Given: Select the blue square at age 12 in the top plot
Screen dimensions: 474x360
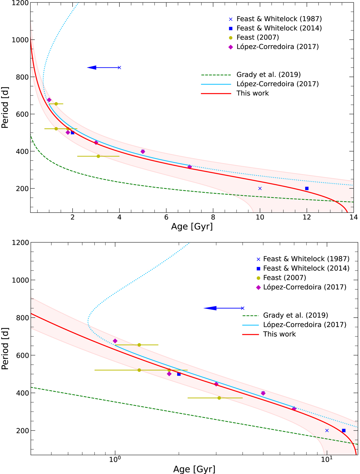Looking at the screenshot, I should point(307,189).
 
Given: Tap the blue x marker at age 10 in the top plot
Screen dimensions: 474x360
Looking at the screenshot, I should point(260,189).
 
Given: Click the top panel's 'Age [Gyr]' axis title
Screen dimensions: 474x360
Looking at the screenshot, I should point(192,226).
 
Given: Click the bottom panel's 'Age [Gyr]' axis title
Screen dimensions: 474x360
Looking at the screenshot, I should point(194,469).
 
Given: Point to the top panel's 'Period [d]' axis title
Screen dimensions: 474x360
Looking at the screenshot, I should point(5,107).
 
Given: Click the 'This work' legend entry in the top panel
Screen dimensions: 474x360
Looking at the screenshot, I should point(253,93).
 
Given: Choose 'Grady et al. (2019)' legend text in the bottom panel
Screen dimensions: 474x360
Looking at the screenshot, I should point(295,315).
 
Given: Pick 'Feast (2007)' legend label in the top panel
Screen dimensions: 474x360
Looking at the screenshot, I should point(257,38).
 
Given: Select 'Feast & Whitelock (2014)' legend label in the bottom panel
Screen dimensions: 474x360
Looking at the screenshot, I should point(306,268).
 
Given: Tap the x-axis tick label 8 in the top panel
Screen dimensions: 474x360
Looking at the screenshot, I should point(213,218).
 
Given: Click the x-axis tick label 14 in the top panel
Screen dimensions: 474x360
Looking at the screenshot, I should point(353,218).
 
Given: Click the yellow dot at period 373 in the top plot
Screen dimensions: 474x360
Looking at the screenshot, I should point(98,156).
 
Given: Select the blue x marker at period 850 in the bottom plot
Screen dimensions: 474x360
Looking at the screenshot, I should point(243,308).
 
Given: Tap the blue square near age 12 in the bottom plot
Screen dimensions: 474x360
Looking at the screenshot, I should point(344,430).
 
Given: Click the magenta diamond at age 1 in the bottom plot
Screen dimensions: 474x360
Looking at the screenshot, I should point(115,341).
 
